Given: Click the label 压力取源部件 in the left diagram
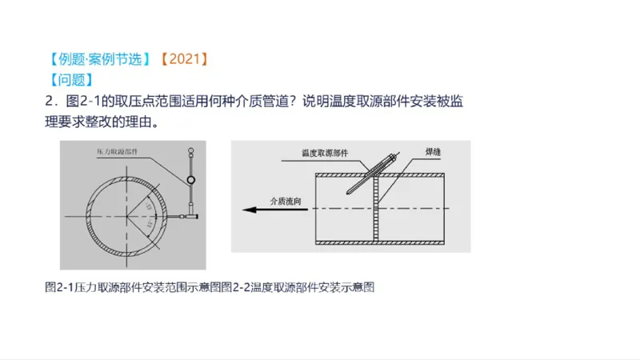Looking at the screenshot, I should point(103,150).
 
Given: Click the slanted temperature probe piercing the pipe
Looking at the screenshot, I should point(367,171).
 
